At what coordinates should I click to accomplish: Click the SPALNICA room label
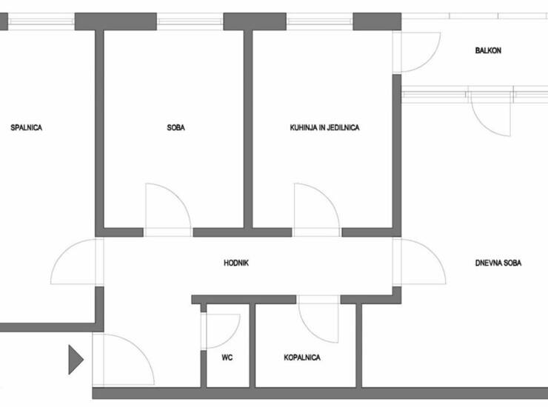point(26,127)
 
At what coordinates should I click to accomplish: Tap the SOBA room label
point(176,127)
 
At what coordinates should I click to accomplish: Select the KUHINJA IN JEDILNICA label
point(324,127)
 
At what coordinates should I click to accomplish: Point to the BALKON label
point(488,50)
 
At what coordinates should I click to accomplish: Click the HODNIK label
point(236,263)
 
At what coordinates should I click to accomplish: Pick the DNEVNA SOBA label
point(498,263)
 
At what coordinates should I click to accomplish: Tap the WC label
point(227,357)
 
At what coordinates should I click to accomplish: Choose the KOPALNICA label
point(302,357)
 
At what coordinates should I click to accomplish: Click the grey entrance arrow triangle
point(76,360)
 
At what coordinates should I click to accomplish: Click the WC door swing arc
point(233,335)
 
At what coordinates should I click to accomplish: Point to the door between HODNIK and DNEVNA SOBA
point(433,252)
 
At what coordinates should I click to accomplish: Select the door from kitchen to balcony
point(428,59)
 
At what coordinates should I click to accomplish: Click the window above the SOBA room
point(190,21)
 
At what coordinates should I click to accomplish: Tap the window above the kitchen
point(319,21)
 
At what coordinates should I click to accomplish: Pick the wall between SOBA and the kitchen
point(248,129)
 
